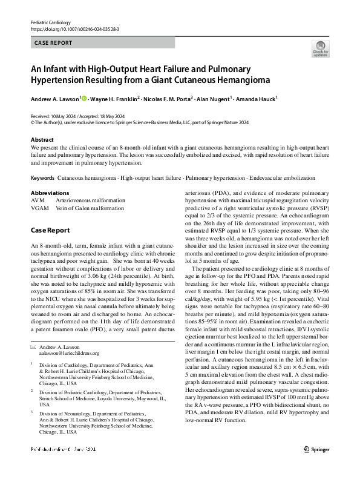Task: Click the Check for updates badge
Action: click(x=320, y=48)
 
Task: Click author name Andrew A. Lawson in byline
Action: click(x=55, y=99)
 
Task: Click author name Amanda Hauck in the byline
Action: click(x=256, y=99)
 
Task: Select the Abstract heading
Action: click(x=42, y=140)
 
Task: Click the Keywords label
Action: click(x=42, y=178)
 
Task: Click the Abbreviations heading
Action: click(x=50, y=193)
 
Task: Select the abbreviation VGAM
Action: click(x=39, y=207)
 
